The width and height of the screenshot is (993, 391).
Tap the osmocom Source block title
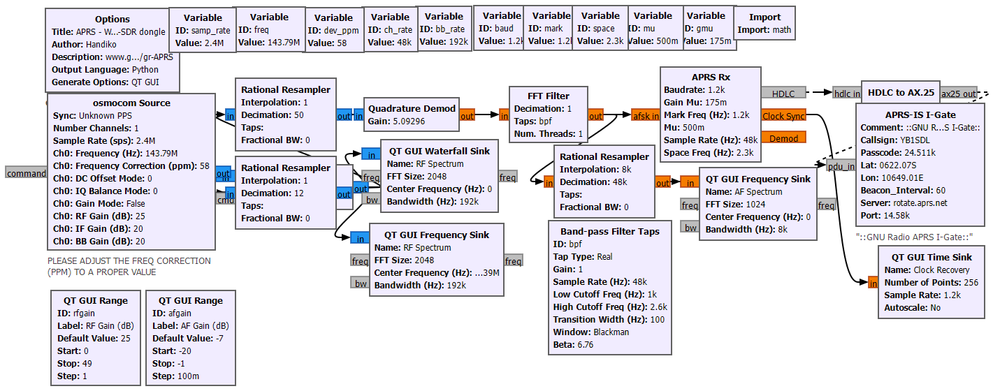131,103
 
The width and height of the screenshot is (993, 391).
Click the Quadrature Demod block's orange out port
467,116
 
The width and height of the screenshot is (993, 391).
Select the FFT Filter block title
548,96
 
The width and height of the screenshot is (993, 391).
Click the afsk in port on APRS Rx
645,116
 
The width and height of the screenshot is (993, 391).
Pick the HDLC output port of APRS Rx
783,94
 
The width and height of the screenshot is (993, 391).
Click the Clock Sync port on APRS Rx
783,116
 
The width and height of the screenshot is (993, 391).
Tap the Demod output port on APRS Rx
783,138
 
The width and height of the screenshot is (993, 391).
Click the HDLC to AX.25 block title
901,92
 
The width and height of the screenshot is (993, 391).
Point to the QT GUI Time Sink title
932,257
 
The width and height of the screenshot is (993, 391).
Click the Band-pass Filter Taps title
610,231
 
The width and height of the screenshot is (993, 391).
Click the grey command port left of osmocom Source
26,172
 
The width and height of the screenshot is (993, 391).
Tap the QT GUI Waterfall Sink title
438,152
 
